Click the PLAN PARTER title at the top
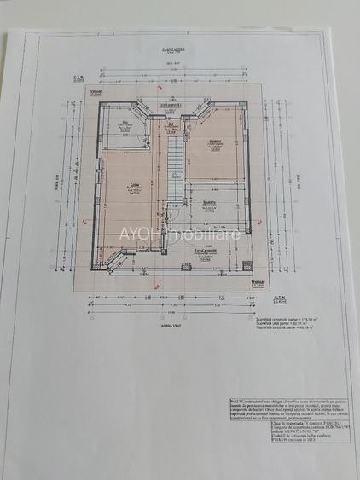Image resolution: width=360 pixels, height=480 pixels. pos(178,52)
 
